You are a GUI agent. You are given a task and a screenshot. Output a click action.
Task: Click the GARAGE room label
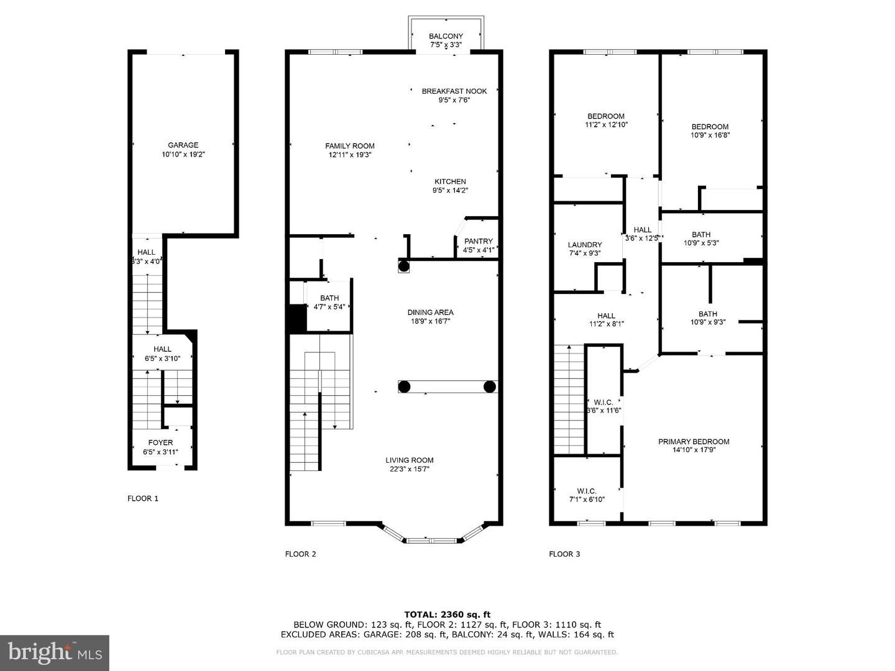point(183,145)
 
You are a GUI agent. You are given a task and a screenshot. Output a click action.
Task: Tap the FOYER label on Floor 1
point(160,443)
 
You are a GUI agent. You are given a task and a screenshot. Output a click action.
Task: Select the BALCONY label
point(446,37)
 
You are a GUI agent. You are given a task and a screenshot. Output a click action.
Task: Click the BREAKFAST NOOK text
point(454,91)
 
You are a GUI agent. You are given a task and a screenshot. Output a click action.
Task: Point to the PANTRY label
point(478,241)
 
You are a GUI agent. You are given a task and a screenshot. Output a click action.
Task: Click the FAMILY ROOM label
point(350,146)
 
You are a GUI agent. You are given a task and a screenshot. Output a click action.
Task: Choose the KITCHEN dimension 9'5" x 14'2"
point(450,191)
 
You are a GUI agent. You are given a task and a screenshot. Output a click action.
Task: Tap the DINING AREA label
point(430,313)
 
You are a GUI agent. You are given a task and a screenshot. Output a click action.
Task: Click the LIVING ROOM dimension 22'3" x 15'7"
point(409,469)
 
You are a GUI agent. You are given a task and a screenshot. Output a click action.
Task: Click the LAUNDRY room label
point(584,245)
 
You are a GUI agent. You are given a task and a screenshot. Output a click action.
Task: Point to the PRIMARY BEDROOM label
point(694,442)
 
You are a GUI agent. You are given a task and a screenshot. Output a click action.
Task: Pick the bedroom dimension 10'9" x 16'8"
point(710,135)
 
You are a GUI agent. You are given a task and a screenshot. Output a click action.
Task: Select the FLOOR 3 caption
point(564,554)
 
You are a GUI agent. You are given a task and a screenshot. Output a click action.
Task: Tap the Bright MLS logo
point(55,652)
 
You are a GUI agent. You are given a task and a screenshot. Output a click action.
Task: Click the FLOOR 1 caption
point(143,498)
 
